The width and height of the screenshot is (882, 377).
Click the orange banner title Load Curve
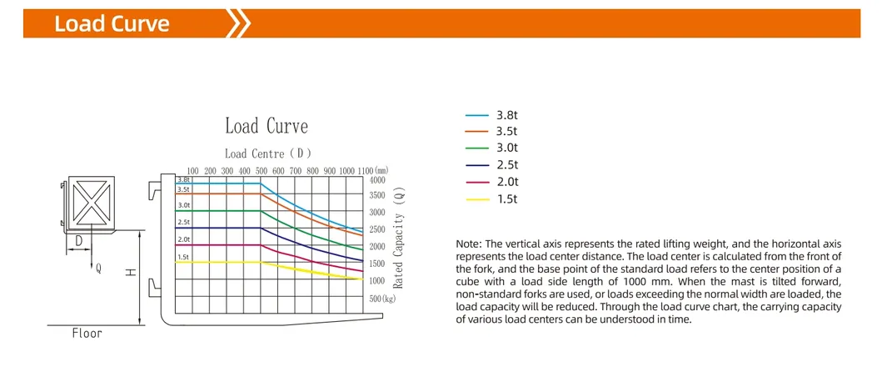112,23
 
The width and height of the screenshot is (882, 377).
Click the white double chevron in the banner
239,23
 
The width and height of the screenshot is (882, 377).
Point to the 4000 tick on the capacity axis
377,179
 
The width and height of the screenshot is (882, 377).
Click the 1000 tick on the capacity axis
377,281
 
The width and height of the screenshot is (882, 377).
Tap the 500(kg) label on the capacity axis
382,298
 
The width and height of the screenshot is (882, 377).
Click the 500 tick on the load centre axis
262,171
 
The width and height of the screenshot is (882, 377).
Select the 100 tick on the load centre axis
192,171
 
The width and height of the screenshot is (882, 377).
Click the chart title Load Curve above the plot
267,127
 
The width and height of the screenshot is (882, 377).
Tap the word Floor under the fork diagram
87,333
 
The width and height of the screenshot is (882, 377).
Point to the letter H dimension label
131,273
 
